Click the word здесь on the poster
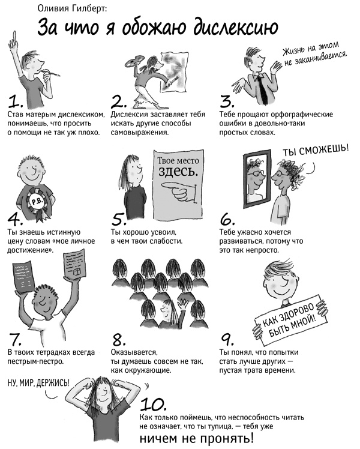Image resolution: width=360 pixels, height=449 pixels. (x=178, y=172)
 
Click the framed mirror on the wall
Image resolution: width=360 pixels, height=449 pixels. (x=257, y=179)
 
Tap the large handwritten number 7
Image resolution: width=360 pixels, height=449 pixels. (x=15, y=339)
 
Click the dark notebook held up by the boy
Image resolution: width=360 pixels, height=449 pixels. (x=24, y=278)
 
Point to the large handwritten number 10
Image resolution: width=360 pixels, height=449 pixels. (x=153, y=405)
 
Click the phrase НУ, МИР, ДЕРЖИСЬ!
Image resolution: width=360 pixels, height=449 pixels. (x=38, y=382)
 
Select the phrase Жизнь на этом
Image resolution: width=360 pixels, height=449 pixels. (x=311, y=49)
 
